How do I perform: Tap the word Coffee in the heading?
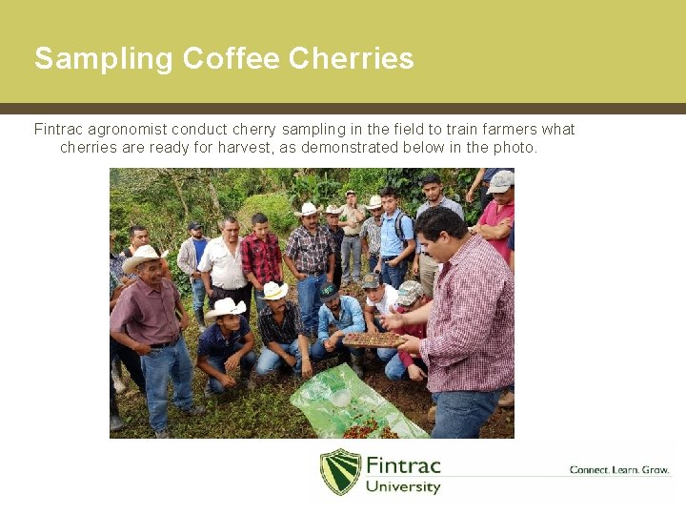[230, 59]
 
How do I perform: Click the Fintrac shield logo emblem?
[340, 471]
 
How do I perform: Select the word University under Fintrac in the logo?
[403, 486]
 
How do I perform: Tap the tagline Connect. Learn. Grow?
[619, 469]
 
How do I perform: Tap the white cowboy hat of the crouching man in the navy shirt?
[226, 307]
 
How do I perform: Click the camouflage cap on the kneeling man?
[410, 292]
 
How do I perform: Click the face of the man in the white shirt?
[230, 229]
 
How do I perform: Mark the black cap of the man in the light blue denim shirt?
[329, 292]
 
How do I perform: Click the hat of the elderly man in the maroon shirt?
[144, 255]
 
